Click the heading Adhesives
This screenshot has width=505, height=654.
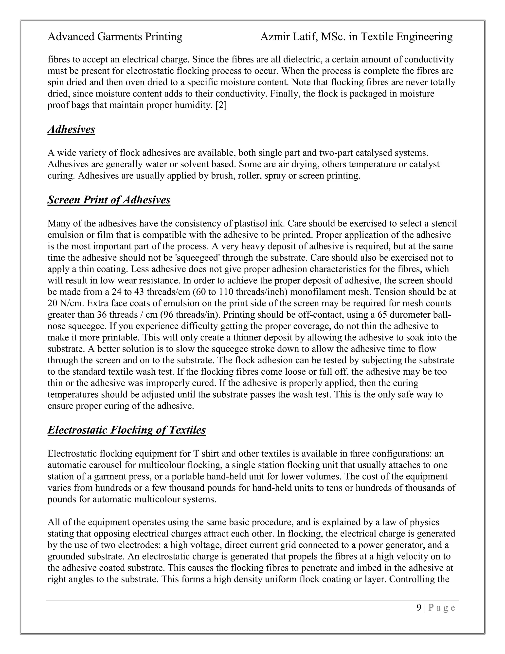[x=71, y=129]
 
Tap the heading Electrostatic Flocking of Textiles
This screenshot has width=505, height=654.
[x=126, y=430]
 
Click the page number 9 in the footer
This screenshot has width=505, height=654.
[x=419, y=608]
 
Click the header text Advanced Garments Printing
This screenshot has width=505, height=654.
[x=115, y=37]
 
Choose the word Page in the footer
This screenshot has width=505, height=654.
[x=442, y=608]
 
